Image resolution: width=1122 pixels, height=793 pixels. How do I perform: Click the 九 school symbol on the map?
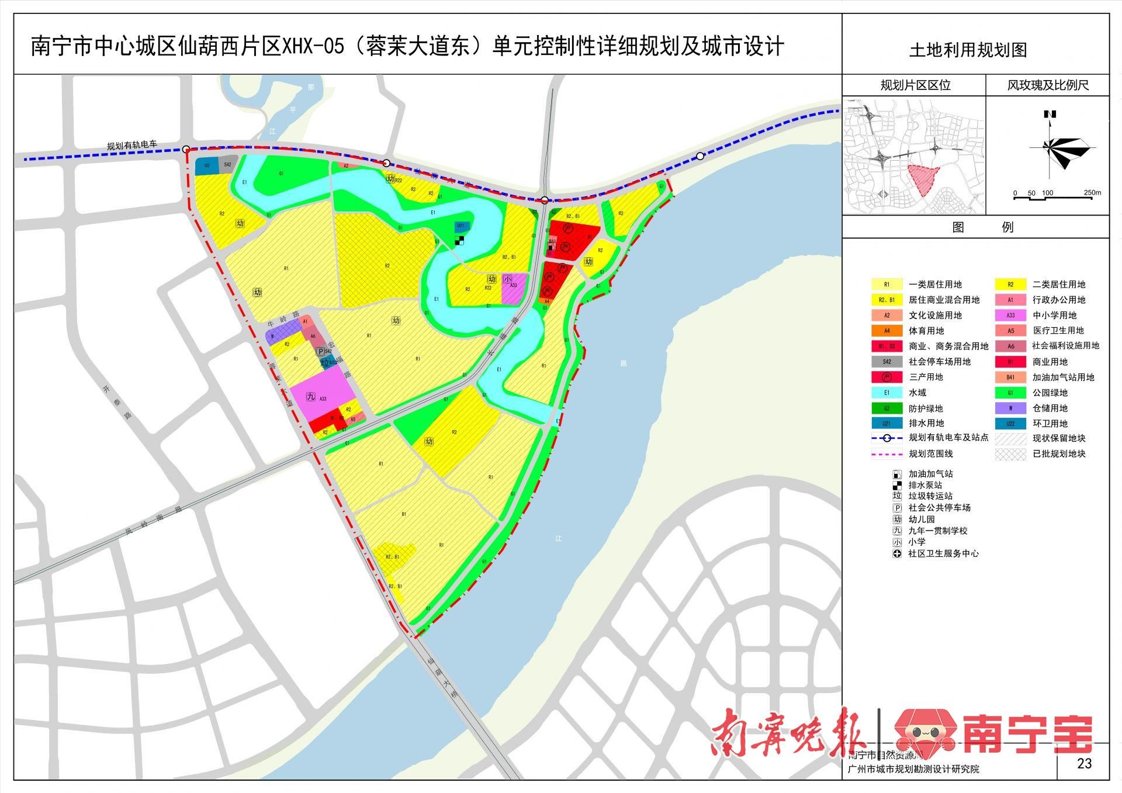click(310, 397)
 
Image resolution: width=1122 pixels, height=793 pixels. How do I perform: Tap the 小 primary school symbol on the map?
click(507, 279)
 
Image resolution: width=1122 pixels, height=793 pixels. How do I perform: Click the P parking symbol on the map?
click(320, 351)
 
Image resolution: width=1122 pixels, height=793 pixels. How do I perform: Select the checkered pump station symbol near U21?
click(459, 239)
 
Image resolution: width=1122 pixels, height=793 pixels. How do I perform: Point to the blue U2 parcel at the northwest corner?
click(206, 166)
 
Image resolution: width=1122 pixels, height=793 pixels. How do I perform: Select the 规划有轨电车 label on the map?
click(132, 146)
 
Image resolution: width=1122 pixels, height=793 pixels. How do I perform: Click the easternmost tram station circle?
click(700, 156)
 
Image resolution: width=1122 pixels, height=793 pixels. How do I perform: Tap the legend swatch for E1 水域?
click(886, 393)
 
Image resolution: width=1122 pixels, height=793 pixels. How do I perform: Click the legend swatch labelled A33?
click(1010, 315)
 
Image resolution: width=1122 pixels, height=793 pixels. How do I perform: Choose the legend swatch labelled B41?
click(1010, 377)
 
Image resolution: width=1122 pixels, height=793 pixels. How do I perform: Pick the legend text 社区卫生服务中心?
click(943, 553)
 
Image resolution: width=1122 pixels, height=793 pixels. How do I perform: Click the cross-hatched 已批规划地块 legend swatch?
click(1010, 453)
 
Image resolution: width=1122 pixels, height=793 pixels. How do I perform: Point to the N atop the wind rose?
click(1050, 115)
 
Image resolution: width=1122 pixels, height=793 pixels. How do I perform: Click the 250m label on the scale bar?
click(1092, 193)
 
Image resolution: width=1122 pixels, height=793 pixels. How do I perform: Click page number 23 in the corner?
click(1084, 763)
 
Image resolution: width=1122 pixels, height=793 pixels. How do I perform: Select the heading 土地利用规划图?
click(968, 50)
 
